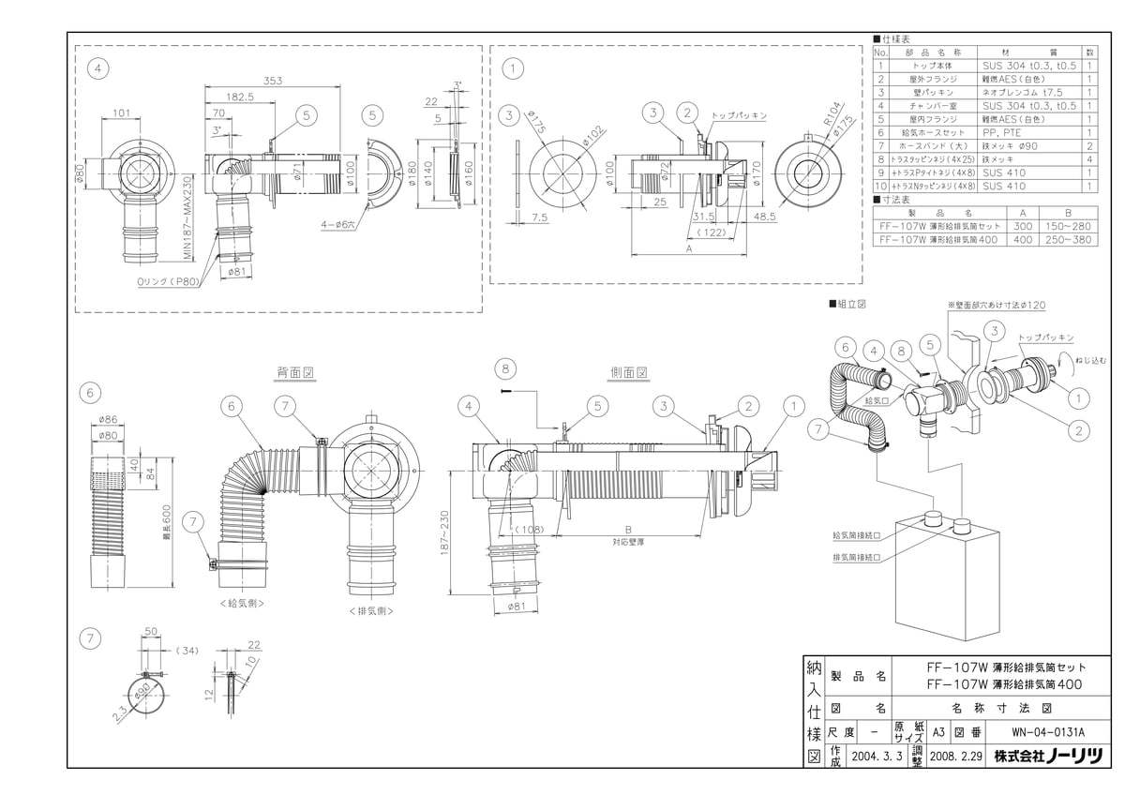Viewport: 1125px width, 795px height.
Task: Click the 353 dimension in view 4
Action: pos(272,81)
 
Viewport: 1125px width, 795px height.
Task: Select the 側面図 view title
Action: pos(629,372)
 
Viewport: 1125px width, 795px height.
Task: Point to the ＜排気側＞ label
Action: pos(369,610)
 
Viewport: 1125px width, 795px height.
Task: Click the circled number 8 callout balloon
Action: pos(507,367)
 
